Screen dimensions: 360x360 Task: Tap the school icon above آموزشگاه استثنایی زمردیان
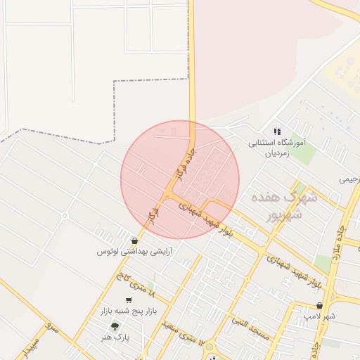tap(277, 131)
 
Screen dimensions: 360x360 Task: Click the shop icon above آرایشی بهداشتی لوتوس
tap(134, 240)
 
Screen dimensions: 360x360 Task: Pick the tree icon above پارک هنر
tap(115, 326)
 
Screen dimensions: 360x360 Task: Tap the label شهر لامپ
tap(320, 316)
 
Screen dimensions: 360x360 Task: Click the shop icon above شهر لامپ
tap(320, 306)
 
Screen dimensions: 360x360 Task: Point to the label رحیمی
tap(349, 179)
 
